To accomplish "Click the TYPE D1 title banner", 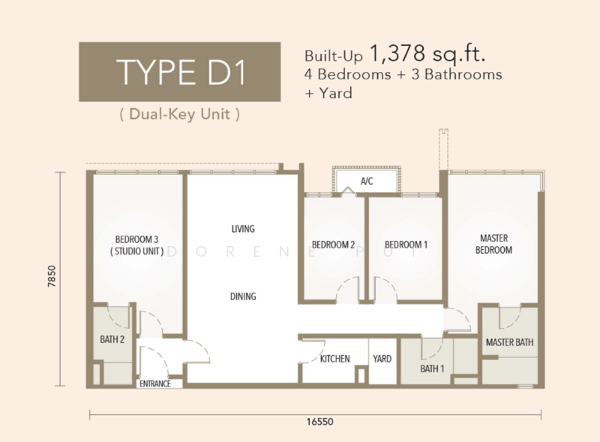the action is pyautogui.click(x=180, y=72).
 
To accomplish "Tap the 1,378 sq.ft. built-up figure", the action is pyautogui.click(x=427, y=53).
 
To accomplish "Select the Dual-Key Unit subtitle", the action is pyautogui.click(x=180, y=115).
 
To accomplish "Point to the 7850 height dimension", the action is pyautogui.click(x=52, y=276).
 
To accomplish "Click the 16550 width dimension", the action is pyautogui.click(x=320, y=422).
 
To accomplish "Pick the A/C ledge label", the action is pyautogui.click(x=367, y=181).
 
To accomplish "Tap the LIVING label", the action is pyautogui.click(x=243, y=229).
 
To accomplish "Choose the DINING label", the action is pyautogui.click(x=243, y=296).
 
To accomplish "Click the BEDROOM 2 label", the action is pyautogui.click(x=333, y=245).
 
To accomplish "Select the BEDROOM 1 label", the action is pyautogui.click(x=406, y=245).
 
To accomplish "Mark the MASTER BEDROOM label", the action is pyautogui.click(x=493, y=244).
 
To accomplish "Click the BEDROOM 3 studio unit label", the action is pyautogui.click(x=137, y=245).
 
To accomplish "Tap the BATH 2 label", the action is pyautogui.click(x=112, y=339).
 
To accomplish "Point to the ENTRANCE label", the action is pyautogui.click(x=155, y=383).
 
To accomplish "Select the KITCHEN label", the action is pyautogui.click(x=334, y=359).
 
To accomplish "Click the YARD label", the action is pyautogui.click(x=382, y=359).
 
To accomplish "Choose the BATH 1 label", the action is pyautogui.click(x=433, y=368).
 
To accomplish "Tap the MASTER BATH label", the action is pyautogui.click(x=510, y=342).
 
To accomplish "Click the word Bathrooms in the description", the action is pyautogui.click(x=463, y=74).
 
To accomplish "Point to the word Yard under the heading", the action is pyautogui.click(x=335, y=93).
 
